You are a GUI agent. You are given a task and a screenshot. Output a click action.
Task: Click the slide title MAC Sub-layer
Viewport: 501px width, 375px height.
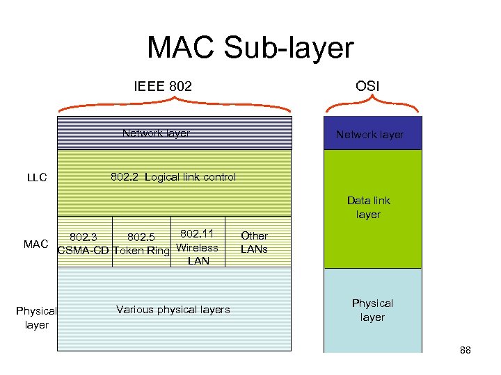[250, 48]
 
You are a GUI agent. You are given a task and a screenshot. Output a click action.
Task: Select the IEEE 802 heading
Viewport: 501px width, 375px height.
[163, 87]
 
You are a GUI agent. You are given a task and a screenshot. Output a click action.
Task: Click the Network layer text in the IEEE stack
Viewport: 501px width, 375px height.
[156, 133]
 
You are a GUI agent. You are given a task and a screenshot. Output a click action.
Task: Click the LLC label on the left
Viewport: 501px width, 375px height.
[37, 177]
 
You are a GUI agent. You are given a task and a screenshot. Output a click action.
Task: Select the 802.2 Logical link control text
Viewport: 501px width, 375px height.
[173, 176]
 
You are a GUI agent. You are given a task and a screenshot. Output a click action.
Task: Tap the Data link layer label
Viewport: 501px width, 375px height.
[368, 208]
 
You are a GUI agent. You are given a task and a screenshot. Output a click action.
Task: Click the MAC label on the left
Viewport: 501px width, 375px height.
[35, 244]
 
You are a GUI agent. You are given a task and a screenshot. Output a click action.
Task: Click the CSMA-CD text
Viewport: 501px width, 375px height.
[83, 251]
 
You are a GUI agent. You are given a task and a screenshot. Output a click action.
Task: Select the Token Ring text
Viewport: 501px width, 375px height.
[141, 251]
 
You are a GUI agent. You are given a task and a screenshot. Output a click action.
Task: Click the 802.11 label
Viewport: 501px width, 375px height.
[198, 234]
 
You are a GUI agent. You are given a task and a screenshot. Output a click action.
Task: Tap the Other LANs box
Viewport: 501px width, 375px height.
[254, 242]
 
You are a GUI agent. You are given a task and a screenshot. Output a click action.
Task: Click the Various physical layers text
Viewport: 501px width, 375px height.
[173, 310]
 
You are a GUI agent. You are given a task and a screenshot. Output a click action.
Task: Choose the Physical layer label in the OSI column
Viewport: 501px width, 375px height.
[372, 310]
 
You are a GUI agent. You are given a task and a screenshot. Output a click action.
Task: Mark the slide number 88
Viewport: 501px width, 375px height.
[465, 350]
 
